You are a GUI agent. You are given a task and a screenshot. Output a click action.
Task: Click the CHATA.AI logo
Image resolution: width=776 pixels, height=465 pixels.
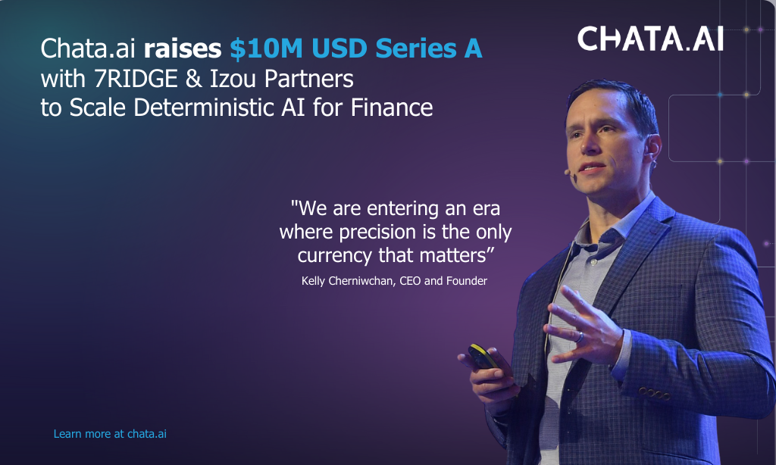point(650,39)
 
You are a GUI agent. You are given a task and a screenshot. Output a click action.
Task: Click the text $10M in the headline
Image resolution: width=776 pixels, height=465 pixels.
point(267,48)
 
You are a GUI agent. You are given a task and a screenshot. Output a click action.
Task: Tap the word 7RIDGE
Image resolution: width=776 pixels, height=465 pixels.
point(136,79)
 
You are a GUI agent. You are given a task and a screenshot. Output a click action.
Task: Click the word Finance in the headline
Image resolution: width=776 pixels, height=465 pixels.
point(392,108)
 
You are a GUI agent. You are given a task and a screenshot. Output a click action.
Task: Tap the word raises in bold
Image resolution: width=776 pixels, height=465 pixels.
point(182,48)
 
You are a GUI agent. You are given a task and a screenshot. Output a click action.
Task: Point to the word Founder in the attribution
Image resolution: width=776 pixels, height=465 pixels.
point(467,281)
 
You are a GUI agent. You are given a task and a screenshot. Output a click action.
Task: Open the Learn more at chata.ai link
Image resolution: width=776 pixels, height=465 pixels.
point(110,434)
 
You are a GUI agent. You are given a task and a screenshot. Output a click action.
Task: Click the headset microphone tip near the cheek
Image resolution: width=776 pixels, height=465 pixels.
point(567,172)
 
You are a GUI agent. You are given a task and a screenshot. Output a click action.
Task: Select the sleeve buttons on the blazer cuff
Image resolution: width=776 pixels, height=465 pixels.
point(654,394)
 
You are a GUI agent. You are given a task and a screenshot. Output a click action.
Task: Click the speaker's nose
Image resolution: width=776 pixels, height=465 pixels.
point(588,142)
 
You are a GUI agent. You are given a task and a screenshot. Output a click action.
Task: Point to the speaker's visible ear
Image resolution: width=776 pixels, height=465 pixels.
point(652,149)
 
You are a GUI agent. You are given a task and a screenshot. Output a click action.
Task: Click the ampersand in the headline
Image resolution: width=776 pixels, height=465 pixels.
point(193,80)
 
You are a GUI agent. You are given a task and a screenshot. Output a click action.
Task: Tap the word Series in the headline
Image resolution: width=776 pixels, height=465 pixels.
point(416,48)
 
